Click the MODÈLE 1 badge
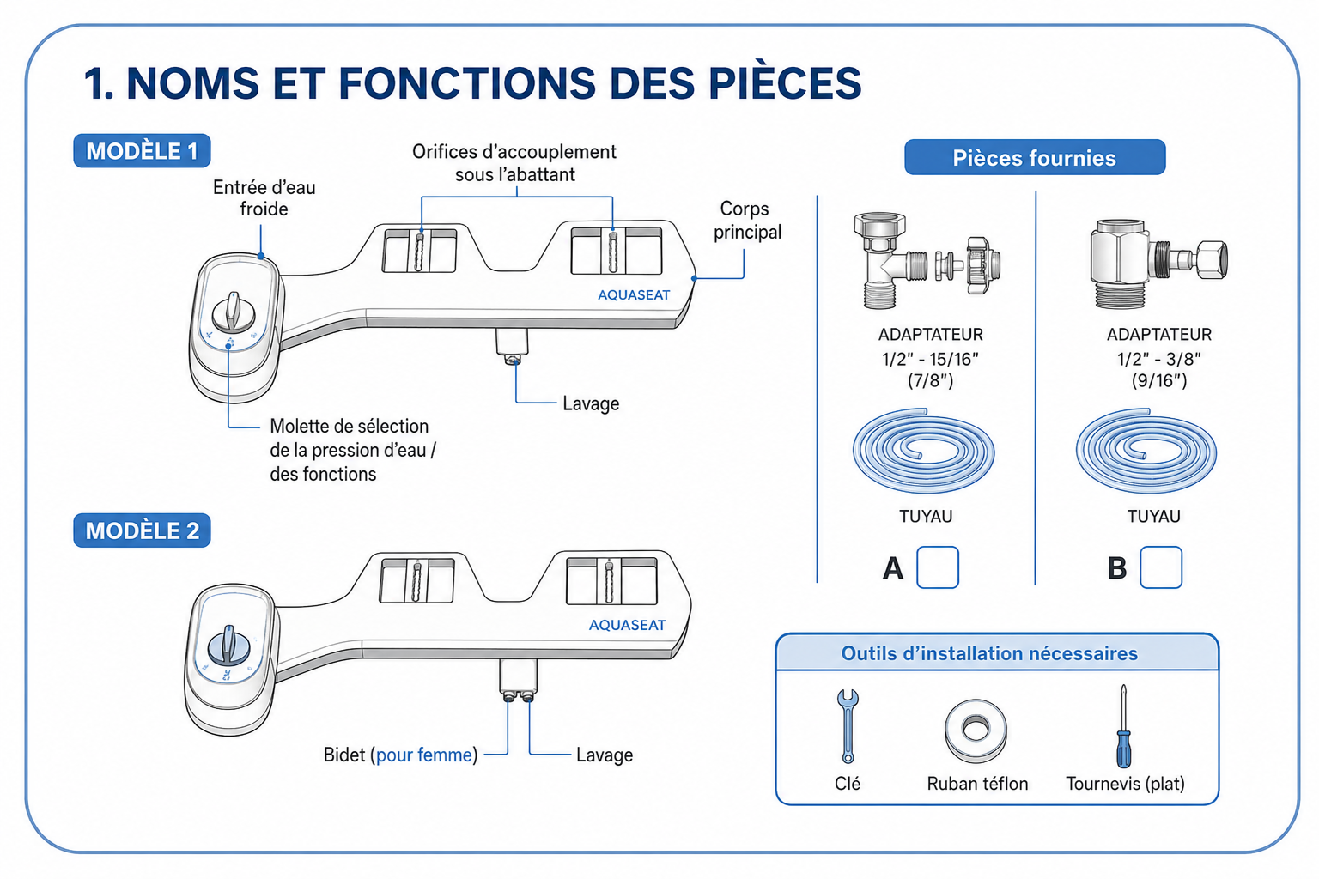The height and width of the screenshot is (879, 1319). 142,151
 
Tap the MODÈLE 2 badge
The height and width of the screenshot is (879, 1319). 142,530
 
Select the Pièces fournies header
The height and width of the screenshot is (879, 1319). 1035,157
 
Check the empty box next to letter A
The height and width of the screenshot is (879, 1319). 938,567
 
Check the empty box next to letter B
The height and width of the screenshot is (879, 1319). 1161,567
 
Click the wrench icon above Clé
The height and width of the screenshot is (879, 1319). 848,726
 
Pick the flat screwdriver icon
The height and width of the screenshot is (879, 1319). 1123,726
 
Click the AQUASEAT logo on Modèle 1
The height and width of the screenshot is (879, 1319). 634,295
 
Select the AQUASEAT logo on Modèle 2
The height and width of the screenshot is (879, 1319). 627,625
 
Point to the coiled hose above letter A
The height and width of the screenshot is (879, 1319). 923,451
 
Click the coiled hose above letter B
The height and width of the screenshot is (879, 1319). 1146,451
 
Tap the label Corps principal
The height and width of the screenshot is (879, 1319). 746,221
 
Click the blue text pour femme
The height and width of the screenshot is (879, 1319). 424,755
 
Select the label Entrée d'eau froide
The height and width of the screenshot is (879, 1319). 264,197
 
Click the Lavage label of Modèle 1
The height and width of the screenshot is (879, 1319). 591,403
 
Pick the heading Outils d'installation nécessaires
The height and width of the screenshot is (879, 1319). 989,653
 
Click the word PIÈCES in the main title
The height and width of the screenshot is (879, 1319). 785,82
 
